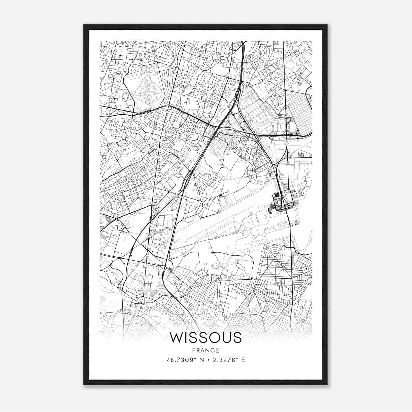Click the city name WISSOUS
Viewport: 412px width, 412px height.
(206, 338)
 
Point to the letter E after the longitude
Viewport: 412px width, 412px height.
(243, 360)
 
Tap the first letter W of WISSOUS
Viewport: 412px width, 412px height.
(176, 338)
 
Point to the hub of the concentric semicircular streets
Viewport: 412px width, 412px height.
(275, 257)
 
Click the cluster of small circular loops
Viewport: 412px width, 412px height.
(156, 211)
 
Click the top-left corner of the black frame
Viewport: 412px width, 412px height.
(84, 25)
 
